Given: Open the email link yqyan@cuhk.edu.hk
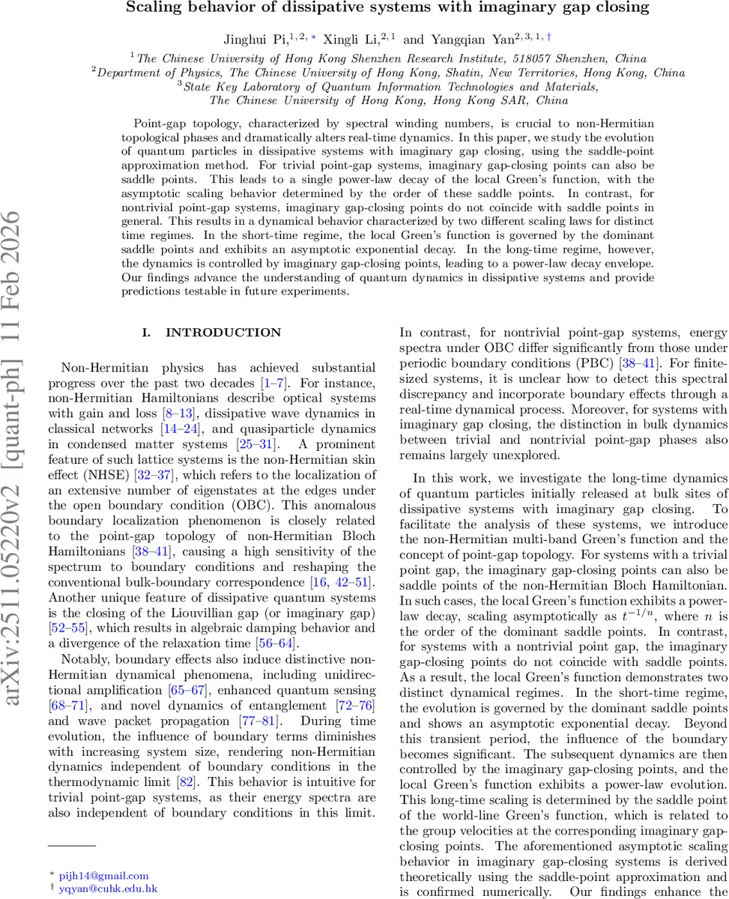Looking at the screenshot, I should click(108, 889).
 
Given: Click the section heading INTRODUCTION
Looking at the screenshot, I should click(223, 333).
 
